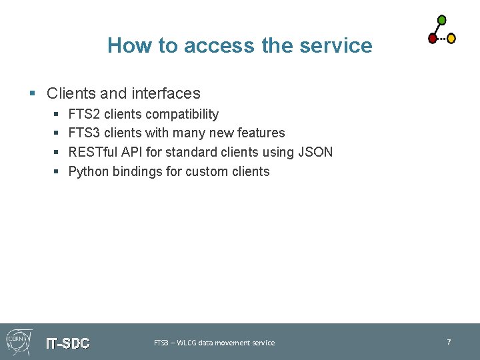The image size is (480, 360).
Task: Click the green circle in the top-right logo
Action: pos(441,20)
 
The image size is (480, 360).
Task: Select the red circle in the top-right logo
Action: pos(432,39)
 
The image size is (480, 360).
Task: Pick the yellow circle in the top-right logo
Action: pos(451,39)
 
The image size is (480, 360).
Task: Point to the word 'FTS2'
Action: pos(85,114)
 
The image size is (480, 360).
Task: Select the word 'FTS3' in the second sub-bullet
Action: pos(85,133)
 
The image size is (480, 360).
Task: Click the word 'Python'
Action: pos(89,171)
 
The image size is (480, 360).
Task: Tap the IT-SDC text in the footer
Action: pos(67,343)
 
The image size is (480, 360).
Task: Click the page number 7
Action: pos(449,342)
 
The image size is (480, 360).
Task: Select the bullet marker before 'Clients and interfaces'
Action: pos(32,94)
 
